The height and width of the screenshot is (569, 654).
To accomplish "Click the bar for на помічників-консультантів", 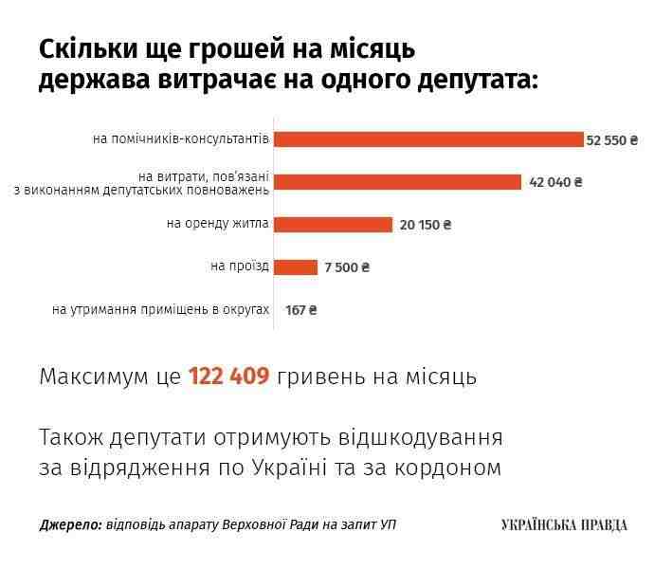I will click(x=428, y=139).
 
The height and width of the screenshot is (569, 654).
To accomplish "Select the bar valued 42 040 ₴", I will click(x=398, y=182).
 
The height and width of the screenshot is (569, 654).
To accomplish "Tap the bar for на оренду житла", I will click(x=333, y=225).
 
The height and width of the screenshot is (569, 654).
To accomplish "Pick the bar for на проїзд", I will click(x=296, y=267).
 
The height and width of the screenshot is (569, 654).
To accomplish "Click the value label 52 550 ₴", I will click(x=613, y=139).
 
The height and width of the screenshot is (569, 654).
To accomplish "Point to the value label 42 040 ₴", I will click(x=556, y=182).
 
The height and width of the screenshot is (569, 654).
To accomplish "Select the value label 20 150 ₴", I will click(x=426, y=226).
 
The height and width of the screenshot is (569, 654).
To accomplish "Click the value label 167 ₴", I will click(x=300, y=309).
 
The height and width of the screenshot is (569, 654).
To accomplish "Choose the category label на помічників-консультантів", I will click(x=181, y=139).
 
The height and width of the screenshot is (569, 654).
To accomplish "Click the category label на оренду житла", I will click(x=217, y=225).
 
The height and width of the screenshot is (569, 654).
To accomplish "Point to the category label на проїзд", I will click(x=240, y=266).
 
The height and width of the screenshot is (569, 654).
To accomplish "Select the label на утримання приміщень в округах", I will click(x=161, y=309).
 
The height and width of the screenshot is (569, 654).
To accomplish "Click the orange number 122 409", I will click(x=230, y=376).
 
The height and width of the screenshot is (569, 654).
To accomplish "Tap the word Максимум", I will click(x=95, y=376).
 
